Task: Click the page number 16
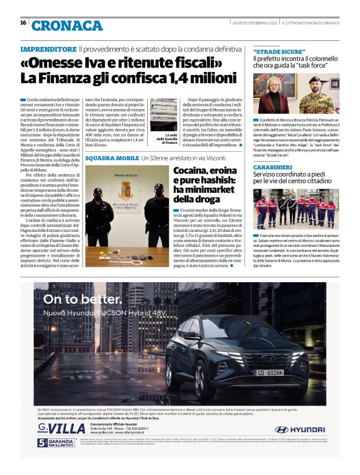click(23, 22)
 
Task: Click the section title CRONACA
click(67, 25)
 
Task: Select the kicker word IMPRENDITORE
click(48, 49)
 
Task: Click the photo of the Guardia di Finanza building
click(163, 115)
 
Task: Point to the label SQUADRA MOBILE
click(112, 159)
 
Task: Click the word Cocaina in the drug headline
click(193, 171)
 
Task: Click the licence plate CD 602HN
click(270, 372)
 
